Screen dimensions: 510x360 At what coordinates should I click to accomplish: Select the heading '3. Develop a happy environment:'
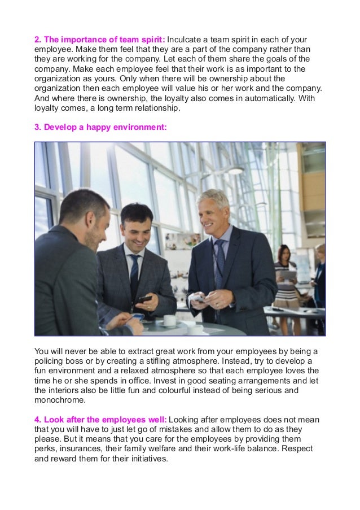(x=100, y=127)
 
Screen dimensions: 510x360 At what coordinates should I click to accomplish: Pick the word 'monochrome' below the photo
(x=60, y=400)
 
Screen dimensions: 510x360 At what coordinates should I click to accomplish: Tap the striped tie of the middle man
(x=135, y=272)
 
